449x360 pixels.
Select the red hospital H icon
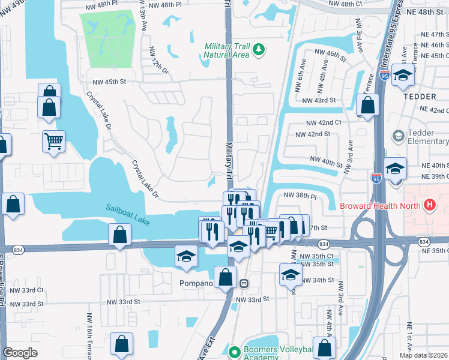coord(429,205)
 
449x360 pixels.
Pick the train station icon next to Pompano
coord(244,283)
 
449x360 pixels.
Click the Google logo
coord(20,353)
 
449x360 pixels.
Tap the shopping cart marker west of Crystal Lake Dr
coord(53,142)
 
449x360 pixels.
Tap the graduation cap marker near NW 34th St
coord(291,275)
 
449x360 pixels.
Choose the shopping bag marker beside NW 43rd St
coord(367,105)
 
